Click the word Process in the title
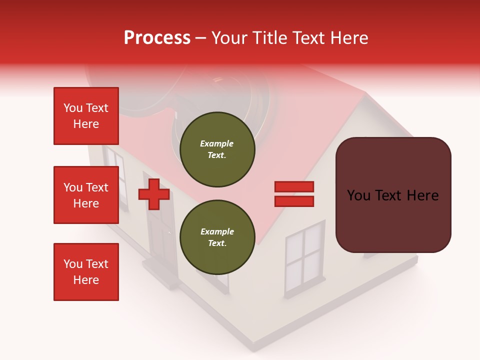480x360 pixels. [x=157, y=38]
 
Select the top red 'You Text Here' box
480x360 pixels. [x=86, y=116]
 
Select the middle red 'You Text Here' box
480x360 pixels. [x=86, y=195]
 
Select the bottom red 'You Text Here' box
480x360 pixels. [x=86, y=272]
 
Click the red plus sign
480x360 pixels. [x=154, y=194]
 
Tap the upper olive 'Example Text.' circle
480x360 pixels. [x=217, y=149]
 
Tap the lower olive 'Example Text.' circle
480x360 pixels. [x=217, y=237]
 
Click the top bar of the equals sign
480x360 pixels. [x=294, y=187]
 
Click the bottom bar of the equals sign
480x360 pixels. [x=294, y=201]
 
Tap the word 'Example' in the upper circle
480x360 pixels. [x=217, y=143]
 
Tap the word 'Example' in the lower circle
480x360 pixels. [x=217, y=231]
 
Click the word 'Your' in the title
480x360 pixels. [x=228, y=38]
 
